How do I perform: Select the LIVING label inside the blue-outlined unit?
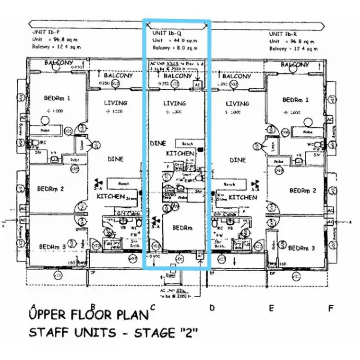175,103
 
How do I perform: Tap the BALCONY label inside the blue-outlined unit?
178,76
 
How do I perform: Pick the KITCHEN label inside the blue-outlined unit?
180,153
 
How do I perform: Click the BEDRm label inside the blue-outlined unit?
182,228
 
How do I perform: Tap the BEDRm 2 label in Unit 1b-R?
303,191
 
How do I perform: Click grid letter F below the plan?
330,309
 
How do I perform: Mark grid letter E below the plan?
271,309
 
